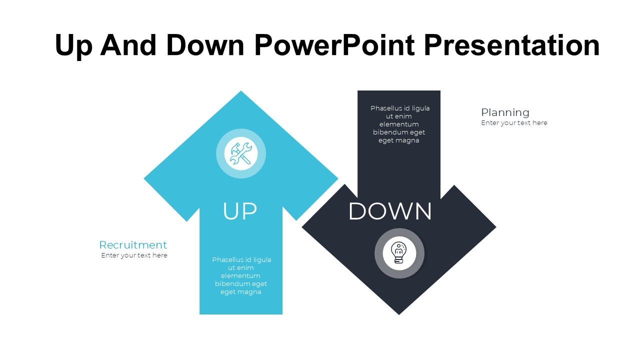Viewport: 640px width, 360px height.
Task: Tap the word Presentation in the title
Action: [511, 45]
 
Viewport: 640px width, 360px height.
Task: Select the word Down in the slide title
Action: [205, 45]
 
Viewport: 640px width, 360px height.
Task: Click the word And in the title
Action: [128, 45]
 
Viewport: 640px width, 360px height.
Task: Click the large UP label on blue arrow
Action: [240, 211]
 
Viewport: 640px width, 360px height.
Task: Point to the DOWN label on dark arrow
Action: [390, 211]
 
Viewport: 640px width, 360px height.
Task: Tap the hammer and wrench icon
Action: [241, 153]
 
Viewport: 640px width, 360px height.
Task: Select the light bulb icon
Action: [399, 252]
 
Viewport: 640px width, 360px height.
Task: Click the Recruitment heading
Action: [133, 245]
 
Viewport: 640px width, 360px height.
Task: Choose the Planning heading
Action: [505, 112]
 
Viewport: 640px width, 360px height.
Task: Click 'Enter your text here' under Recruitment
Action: [134, 255]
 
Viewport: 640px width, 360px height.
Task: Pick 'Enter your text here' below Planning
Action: [514, 123]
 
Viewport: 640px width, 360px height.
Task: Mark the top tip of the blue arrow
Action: [241, 91]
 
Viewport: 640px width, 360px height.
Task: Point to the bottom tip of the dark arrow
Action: [399, 314]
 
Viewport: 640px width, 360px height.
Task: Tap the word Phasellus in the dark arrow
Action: [384, 108]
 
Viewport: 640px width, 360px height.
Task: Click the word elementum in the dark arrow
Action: [399, 124]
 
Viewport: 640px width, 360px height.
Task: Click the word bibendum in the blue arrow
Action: [228, 283]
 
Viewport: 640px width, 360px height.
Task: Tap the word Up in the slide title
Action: [73, 47]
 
